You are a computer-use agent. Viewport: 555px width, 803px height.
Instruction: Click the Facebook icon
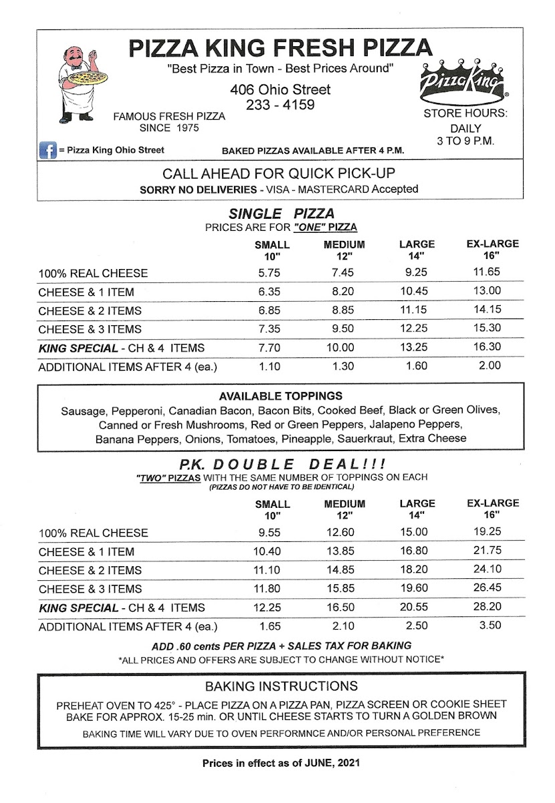pos(46,151)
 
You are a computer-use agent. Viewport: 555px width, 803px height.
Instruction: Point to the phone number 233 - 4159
pos(280,104)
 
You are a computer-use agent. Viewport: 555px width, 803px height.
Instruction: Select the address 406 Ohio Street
pos(280,89)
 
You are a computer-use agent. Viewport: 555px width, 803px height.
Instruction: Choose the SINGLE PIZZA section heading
pos(282,213)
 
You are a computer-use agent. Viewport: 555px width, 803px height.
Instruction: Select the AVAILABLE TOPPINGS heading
pos(281,395)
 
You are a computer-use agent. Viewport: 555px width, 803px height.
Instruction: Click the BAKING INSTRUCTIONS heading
pos(281,686)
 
